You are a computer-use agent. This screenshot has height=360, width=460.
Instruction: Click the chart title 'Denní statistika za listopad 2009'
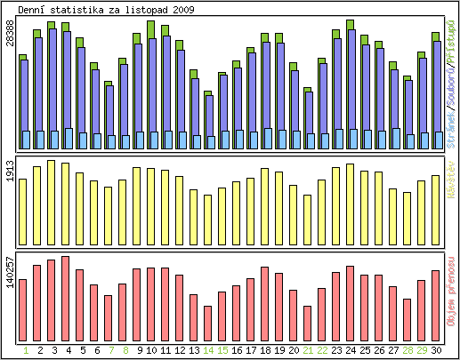(107, 10)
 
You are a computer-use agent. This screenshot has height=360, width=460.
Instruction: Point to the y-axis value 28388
(11, 35)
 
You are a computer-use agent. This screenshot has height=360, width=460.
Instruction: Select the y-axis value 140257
(11, 273)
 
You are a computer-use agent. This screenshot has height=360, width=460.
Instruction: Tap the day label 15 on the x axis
(222, 351)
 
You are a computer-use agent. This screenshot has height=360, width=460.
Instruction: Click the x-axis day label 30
(436, 351)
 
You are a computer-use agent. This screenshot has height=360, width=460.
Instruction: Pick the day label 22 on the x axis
(322, 351)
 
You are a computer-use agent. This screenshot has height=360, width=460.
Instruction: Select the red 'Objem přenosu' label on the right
(453, 292)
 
